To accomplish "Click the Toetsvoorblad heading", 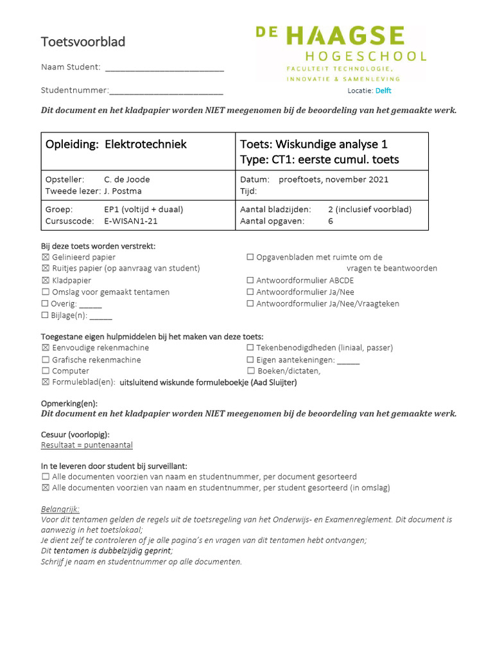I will tap(83, 42).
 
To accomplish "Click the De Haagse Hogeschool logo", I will tap(340, 53).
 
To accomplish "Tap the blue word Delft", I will tap(383, 91).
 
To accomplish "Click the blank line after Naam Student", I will tap(164, 68).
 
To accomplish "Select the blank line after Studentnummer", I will tap(166, 91).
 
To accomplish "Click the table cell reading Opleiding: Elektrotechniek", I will tap(116, 144).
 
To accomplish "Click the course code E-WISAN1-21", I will tap(130, 221).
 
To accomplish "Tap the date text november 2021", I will tap(356, 179).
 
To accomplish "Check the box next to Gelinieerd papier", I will tap(45, 257).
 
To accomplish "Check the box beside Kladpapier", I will tap(45, 281).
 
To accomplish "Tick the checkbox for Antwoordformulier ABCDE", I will tap(250, 281).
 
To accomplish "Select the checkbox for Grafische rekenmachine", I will tap(45, 360).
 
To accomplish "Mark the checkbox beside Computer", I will tap(45, 371).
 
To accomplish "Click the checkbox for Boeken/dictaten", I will tap(250, 371).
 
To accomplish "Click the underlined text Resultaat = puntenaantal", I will tap(87, 445).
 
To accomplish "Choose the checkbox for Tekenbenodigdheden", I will tap(250, 348).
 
